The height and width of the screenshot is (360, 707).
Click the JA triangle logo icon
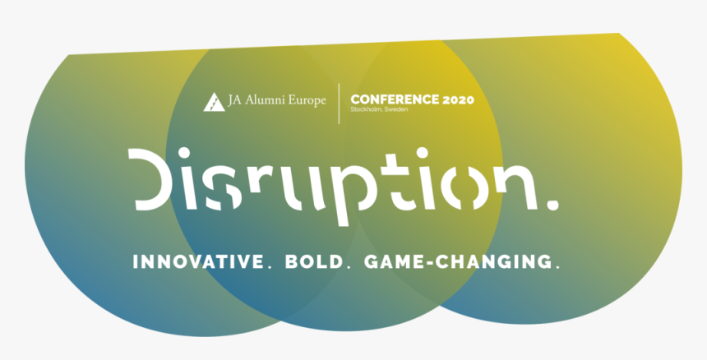pyautogui.click(x=215, y=102)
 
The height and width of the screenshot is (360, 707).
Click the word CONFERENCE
pyautogui.click(x=395, y=99)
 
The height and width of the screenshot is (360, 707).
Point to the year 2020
pyautogui.click(x=458, y=99)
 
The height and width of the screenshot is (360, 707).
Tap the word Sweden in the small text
pyautogui.click(x=396, y=109)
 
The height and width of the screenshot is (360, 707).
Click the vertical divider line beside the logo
pyautogui.click(x=339, y=104)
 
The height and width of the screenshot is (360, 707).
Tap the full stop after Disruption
pyautogui.click(x=552, y=205)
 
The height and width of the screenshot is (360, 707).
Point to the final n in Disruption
pyautogui.click(x=515, y=187)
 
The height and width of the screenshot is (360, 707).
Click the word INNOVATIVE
pyautogui.click(x=198, y=262)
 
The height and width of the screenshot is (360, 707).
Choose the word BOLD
pyautogui.click(x=314, y=262)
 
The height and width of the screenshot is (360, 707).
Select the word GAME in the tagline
pyautogui.click(x=393, y=262)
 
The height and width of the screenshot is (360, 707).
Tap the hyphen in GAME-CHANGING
pyautogui.click(x=429, y=263)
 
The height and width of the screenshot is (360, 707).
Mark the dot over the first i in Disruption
pyautogui.click(x=184, y=153)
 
